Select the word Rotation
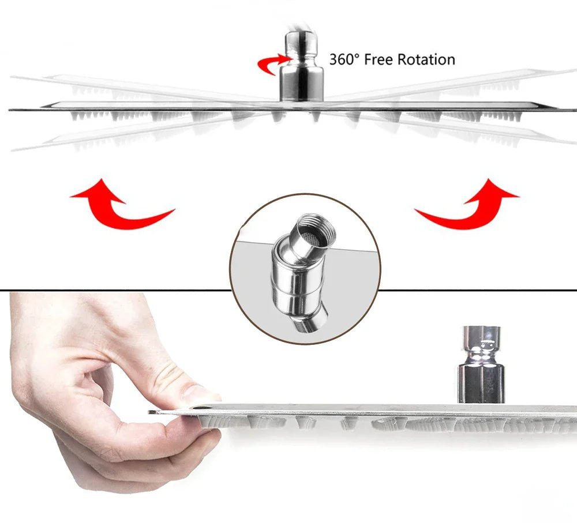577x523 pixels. (x=427, y=59)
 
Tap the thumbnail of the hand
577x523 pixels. (x=199, y=393)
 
